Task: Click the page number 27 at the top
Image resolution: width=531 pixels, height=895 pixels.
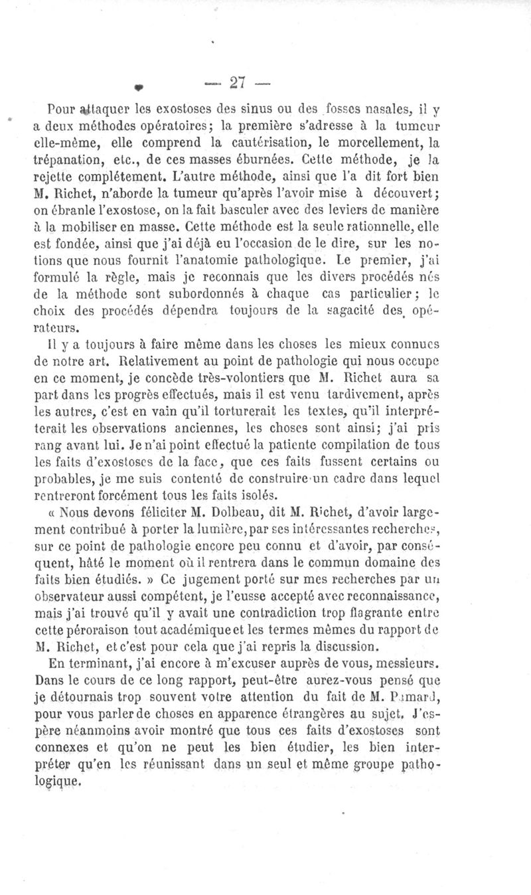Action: pyautogui.click(x=238, y=82)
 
